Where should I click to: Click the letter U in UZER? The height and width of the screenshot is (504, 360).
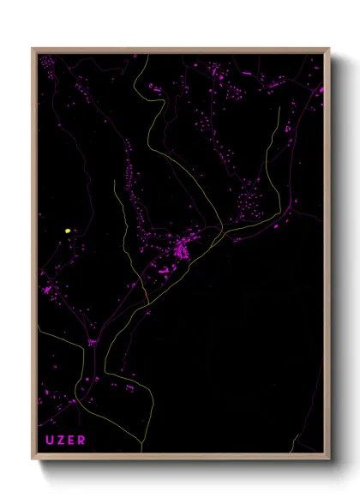[50, 441]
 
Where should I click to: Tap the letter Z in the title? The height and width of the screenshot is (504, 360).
[61, 441]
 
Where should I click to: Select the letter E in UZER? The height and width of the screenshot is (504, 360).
[71, 441]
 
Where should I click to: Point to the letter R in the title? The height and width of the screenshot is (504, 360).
[82, 441]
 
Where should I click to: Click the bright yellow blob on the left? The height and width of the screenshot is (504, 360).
[67, 231]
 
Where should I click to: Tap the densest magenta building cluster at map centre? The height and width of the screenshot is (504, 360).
[183, 250]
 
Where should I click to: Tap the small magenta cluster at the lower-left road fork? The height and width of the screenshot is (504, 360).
[91, 342]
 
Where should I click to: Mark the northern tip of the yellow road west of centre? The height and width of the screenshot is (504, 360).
[116, 181]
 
